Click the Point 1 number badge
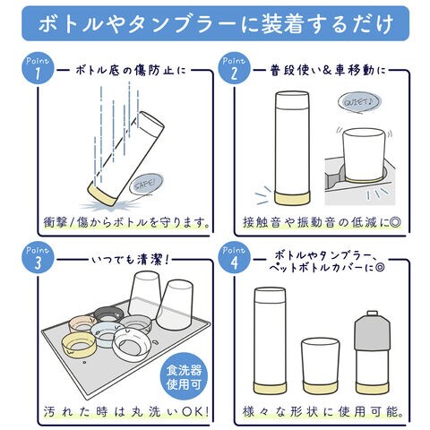click(x=38, y=69)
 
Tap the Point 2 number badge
click(x=234, y=69)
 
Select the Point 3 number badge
click(x=38, y=259)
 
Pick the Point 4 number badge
click(x=234, y=259)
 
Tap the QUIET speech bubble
click(x=359, y=102)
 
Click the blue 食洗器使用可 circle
click(x=183, y=378)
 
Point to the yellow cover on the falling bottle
click(x=102, y=193)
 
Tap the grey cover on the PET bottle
click(x=372, y=334)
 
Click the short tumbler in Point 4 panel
click(x=320, y=365)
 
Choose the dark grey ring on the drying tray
click(x=108, y=314)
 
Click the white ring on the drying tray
click(x=132, y=344)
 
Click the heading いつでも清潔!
click(x=131, y=261)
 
